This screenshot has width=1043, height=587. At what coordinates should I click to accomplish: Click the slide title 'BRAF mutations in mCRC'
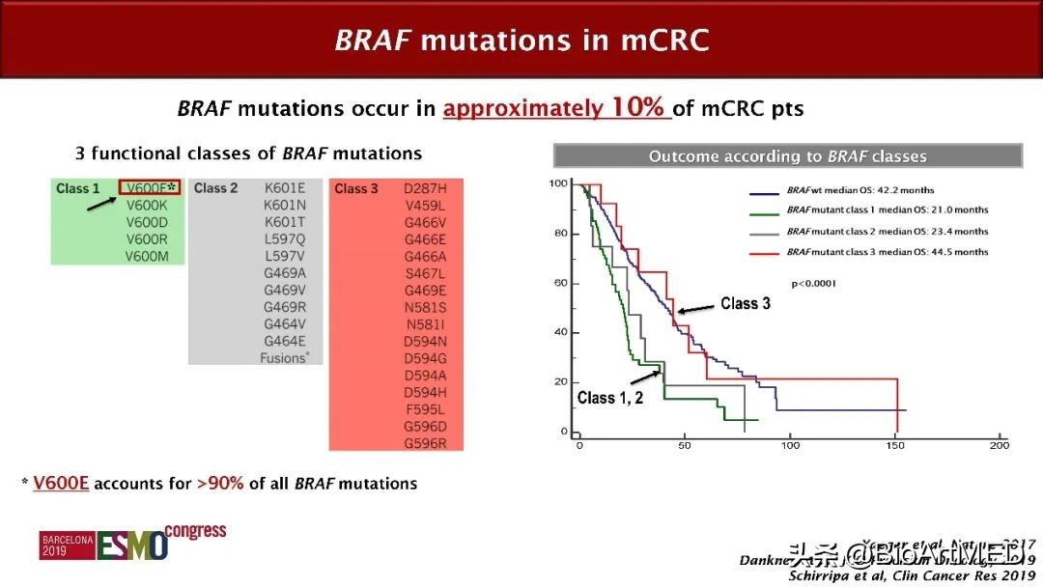click(x=521, y=40)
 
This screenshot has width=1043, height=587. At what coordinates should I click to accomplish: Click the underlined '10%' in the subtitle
click(x=636, y=108)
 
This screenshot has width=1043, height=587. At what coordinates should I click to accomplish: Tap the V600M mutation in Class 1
click(x=148, y=256)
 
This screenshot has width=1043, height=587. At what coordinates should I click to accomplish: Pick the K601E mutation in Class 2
click(x=285, y=188)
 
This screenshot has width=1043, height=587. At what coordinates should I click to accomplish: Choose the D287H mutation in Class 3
click(x=425, y=188)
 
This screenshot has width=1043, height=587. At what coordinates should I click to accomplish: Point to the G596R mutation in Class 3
click(x=425, y=443)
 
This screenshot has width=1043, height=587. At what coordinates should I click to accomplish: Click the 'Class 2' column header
click(x=215, y=188)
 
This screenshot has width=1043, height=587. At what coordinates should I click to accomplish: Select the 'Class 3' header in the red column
click(x=356, y=188)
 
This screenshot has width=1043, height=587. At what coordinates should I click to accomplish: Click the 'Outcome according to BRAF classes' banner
click(x=787, y=156)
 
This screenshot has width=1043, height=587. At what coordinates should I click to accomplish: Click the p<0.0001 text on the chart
click(x=813, y=284)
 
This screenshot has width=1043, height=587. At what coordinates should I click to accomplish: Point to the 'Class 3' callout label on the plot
click(x=746, y=303)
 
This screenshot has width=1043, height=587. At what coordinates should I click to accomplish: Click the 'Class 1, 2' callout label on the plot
click(x=611, y=398)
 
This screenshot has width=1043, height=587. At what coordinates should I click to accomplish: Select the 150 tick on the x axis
click(x=895, y=445)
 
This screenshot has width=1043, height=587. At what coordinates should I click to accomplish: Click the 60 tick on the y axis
click(x=559, y=283)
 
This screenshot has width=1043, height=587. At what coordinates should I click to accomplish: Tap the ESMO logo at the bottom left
click(x=131, y=544)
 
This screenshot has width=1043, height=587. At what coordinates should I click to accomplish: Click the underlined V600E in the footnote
click(x=61, y=484)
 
